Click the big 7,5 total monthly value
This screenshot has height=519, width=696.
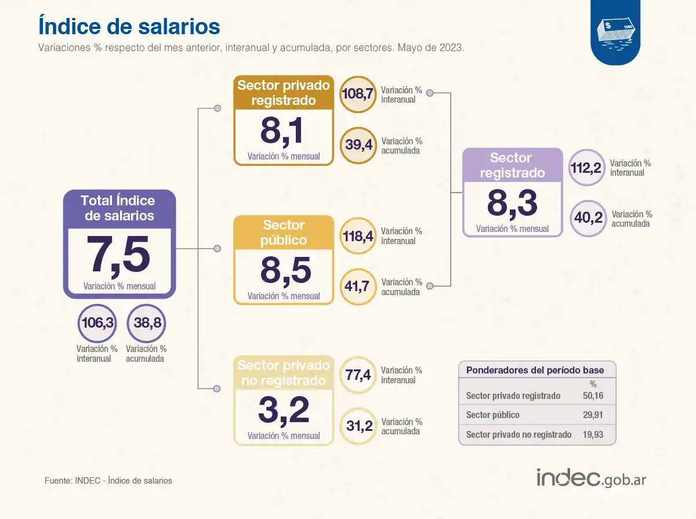pyautogui.click(x=119, y=256)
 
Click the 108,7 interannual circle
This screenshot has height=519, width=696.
pyautogui.click(x=357, y=94)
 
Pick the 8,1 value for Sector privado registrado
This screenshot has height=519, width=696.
pyautogui.click(x=281, y=132)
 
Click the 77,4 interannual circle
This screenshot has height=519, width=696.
pyautogui.click(x=357, y=375)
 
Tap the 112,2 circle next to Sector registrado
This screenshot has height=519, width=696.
pyautogui.click(x=587, y=168)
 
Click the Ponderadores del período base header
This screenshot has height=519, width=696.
pyautogui.click(x=535, y=370)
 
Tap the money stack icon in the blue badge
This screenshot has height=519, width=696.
pyautogui.click(x=616, y=32)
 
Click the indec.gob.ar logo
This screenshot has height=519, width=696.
pyautogui.click(x=591, y=478)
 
